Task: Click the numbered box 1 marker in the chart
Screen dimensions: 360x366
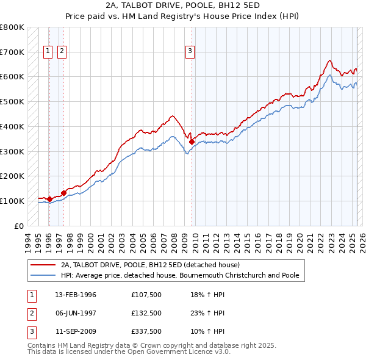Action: tap(48, 51)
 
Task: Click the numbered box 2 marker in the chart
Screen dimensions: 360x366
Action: tap(62, 51)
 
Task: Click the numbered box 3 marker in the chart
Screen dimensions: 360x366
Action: tap(190, 51)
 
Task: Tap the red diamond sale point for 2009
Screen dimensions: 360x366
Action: tap(192, 142)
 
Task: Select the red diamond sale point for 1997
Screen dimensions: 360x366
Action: tap(63, 193)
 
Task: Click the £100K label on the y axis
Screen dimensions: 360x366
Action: tap(12, 201)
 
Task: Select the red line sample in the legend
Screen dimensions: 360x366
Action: tap(43, 265)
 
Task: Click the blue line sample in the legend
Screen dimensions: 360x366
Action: tap(43, 275)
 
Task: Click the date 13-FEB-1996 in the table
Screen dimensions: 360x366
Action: tap(76, 295)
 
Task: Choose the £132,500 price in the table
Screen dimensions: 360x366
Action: tap(146, 313)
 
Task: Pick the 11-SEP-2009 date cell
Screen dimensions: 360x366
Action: tap(76, 331)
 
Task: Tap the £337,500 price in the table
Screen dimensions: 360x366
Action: tap(146, 331)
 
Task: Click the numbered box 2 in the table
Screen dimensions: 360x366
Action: tap(30, 313)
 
